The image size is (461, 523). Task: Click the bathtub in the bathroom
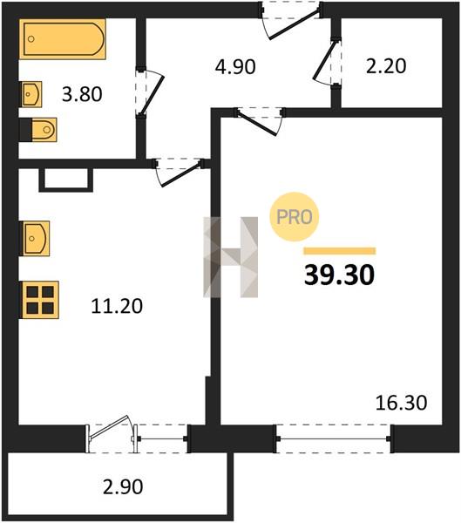(x=63, y=39)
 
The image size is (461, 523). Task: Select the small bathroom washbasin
(x=31, y=94)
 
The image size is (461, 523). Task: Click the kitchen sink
(x=36, y=239)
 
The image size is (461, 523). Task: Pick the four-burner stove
(x=40, y=300)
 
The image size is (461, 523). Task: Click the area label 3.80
(x=82, y=94)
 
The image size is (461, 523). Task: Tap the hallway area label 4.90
(x=235, y=66)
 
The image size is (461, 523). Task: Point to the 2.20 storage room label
(x=386, y=65)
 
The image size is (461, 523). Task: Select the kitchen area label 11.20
(x=117, y=306)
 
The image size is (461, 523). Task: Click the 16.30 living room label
(x=401, y=403)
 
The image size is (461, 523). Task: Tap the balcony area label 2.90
(x=123, y=486)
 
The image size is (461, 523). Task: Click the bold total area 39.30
(x=339, y=275)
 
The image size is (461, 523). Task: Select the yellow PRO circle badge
(x=295, y=217)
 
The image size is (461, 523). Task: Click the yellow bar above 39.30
(x=340, y=251)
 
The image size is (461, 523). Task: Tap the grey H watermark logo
(x=230, y=257)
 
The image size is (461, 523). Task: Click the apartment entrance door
(x=291, y=20)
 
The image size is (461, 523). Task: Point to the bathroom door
(x=150, y=92)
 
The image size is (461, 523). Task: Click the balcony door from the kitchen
(x=112, y=433)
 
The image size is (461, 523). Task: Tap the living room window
(x=333, y=438)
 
